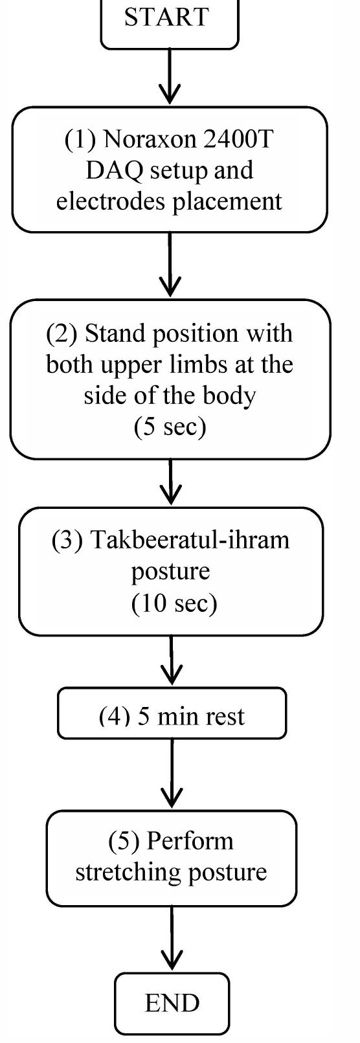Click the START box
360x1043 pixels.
point(169,19)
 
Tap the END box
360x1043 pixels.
point(172,1003)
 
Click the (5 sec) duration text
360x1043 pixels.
point(170,427)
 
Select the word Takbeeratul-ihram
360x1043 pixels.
point(190,540)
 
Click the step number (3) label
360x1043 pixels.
point(67,540)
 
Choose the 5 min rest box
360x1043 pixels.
point(172,715)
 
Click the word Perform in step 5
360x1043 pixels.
point(190,840)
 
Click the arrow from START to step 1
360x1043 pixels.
point(169,76)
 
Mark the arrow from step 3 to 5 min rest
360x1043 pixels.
point(172,660)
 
